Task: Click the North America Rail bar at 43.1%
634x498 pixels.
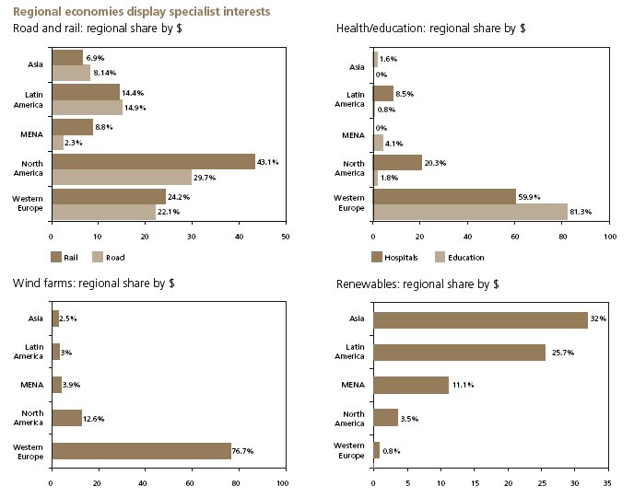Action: pyautogui.click(x=153, y=162)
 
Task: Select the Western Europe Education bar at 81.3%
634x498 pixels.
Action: pyautogui.click(x=470, y=211)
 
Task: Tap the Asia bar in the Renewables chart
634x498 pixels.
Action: pyautogui.click(x=480, y=320)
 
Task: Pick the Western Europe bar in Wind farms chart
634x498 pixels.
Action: pyautogui.click(x=141, y=451)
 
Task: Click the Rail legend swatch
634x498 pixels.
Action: pyautogui.click(x=56, y=257)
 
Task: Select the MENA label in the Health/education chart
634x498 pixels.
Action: pyautogui.click(x=353, y=134)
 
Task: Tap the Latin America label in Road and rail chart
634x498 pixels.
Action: pyautogui.click(x=32, y=98)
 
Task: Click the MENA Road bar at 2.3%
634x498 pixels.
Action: pyautogui.click(x=58, y=144)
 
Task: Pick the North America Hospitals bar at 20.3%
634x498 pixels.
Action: pyautogui.click(x=397, y=162)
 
